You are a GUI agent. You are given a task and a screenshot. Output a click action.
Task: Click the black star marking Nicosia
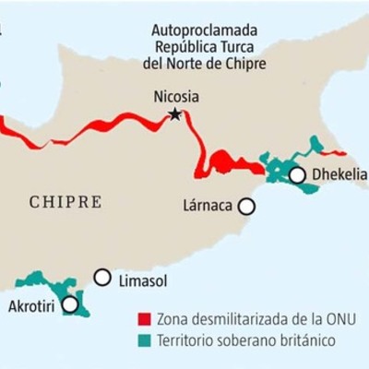coord(173,114)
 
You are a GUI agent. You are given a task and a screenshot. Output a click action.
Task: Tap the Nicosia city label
coord(175,96)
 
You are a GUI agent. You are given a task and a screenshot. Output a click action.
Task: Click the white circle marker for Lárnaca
coord(246,208)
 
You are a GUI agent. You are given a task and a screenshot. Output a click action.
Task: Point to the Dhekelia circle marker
coord(297,174)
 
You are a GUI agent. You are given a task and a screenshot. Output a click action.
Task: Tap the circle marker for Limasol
coord(102,277)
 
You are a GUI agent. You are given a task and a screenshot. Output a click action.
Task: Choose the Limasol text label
coord(140,278)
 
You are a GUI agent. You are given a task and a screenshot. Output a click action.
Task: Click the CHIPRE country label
coord(65,202)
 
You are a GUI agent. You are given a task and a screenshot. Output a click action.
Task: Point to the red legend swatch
coord(142,319)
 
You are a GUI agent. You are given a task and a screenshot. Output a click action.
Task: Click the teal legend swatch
coord(142,340)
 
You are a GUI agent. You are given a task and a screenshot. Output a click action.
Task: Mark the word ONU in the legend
coord(339,319)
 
